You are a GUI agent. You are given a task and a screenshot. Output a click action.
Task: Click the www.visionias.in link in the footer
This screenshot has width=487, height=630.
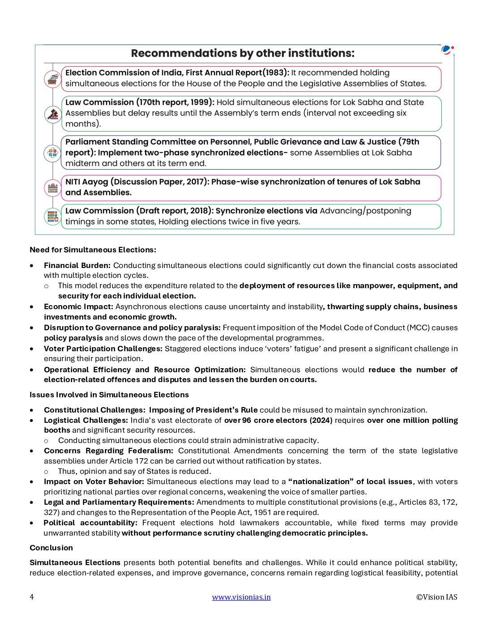point(241,597)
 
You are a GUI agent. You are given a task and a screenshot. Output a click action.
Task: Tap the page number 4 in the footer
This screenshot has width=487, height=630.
point(32,597)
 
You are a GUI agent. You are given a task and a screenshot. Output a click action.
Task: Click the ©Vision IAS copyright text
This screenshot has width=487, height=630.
point(436,597)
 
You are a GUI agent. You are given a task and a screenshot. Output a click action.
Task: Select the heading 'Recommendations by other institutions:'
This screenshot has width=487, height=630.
point(243,53)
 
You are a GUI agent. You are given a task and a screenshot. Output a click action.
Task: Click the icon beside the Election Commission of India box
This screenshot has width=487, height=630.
point(53,79)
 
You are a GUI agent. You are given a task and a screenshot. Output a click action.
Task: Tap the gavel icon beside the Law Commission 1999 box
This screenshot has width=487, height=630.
point(53,114)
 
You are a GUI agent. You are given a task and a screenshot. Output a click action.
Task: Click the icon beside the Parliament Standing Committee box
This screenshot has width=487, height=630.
point(53,153)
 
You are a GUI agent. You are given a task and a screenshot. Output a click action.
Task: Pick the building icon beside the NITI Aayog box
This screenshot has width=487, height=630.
point(53,188)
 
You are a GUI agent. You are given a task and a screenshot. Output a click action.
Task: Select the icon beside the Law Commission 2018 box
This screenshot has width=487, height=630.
point(53,217)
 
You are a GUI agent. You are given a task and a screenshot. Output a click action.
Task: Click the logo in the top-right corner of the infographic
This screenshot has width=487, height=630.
point(447,50)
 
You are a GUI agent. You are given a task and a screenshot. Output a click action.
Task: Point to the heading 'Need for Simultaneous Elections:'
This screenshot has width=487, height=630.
point(93,250)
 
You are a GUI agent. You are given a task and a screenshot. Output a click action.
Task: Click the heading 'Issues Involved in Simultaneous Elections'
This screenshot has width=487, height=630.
point(109,395)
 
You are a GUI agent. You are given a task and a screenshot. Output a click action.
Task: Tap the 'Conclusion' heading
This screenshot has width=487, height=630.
point(51,548)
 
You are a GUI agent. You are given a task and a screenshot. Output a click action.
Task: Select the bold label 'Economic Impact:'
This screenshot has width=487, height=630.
point(78,306)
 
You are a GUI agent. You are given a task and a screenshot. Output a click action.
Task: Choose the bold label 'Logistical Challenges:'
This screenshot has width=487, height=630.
point(86,420)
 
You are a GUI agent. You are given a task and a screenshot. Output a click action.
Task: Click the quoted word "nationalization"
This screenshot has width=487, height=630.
point(321,481)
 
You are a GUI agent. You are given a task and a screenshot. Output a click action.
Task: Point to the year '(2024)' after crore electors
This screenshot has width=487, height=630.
point(321,420)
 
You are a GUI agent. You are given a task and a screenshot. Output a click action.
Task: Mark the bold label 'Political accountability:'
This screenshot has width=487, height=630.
point(90,523)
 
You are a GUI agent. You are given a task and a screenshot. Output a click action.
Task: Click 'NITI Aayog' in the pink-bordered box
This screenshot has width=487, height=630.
point(87,182)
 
